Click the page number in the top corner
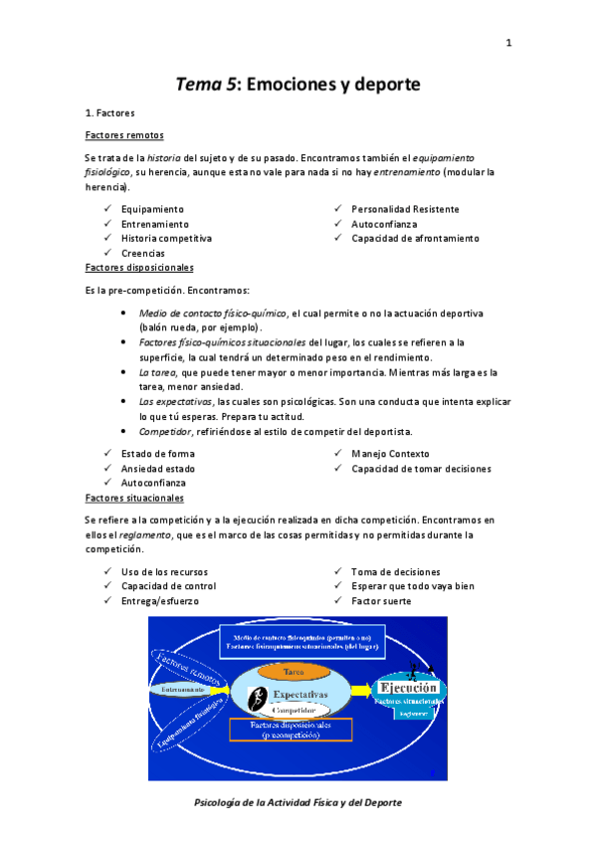pyautogui.click(x=508, y=43)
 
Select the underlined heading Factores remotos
pyautogui.click(x=125, y=135)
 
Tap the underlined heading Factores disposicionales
pyautogui.click(x=139, y=268)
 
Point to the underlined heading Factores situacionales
pyautogui.click(x=134, y=498)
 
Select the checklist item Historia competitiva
pyautogui.click(x=166, y=238)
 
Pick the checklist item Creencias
pyautogui.click(x=143, y=253)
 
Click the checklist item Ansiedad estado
pyautogui.click(x=158, y=468)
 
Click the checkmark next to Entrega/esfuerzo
pyautogui.click(x=106, y=600)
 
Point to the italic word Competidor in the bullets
pyautogui.click(x=167, y=431)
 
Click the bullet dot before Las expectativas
pyautogui.click(x=122, y=401)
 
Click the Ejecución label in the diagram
pyautogui.click(x=407, y=687)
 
